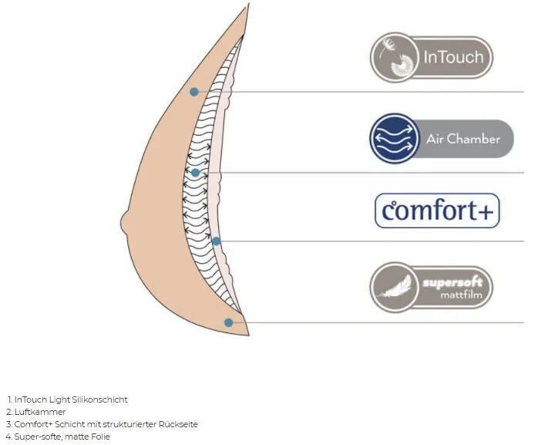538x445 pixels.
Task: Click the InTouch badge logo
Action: (432, 57)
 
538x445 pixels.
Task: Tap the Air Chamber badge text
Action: (463, 139)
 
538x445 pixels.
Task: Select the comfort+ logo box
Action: (437, 211)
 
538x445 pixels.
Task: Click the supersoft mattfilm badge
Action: (432, 287)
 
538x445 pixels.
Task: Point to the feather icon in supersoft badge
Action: (394, 288)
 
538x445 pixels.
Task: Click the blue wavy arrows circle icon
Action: (395, 138)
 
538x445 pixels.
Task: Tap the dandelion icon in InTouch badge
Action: (395, 57)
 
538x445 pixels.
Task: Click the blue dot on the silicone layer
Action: (194, 92)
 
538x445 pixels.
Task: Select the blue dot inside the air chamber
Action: (195, 173)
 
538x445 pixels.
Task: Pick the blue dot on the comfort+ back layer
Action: (216, 241)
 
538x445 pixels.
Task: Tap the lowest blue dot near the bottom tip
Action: (229, 323)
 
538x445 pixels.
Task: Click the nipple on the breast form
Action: (125, 223)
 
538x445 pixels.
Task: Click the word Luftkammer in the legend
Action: (40, 412)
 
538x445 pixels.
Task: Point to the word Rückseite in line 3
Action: (178, 424)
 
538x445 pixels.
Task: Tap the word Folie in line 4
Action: (100, 437)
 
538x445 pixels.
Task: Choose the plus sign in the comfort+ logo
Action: (485, 211)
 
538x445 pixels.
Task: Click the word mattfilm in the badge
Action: (461, 295)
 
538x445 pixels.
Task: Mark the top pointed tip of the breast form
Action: (248, 4)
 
